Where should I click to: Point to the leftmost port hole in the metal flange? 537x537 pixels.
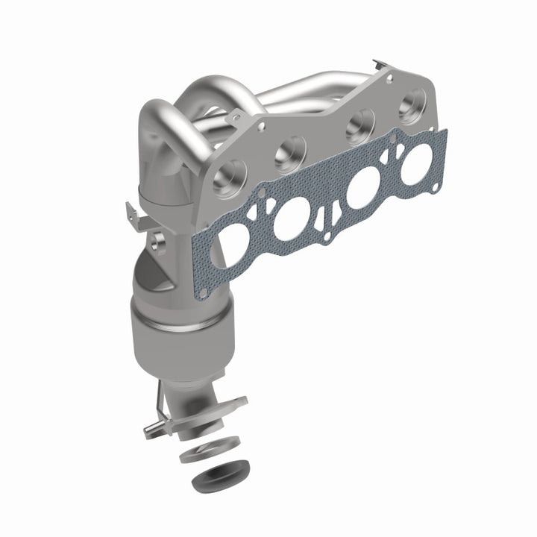tap(230, 176)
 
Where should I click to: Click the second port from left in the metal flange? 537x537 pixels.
tap(289, 154)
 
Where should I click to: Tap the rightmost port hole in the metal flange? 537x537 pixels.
tap(410, 104)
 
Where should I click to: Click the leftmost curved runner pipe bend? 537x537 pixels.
tap(153, 119)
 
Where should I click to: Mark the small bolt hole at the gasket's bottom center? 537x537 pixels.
tap(325, 238)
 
